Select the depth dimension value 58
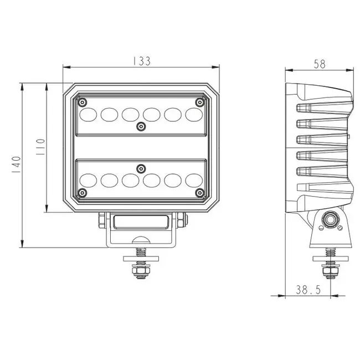[319, 64]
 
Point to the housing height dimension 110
[40, 148]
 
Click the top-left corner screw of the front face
[83, 102]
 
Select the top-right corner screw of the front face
[199, 102]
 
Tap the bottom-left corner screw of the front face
[83, 192]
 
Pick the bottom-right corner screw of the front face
[199, 192]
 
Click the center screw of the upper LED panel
[141, 127]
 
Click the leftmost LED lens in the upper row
[88, 114]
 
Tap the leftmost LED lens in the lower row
[88, 180]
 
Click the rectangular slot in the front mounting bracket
[141, 222]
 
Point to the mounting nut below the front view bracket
[140, 271]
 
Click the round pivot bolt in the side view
[331, 220]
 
